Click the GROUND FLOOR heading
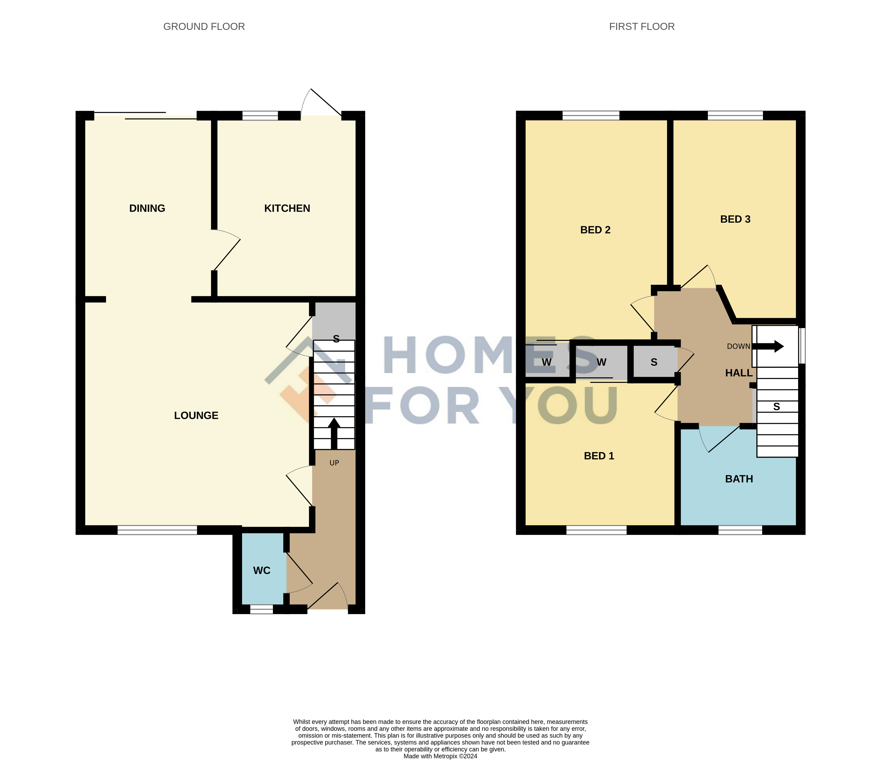(204, 26)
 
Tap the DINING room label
(147, 208)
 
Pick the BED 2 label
(595, 230)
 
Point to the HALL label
(739, 373)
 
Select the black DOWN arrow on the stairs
(768, 346)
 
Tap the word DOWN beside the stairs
(739, 346)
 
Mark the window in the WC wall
(262, 609)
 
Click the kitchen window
(260, 115)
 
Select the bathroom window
(740, 530)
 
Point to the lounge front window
(157, 530)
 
